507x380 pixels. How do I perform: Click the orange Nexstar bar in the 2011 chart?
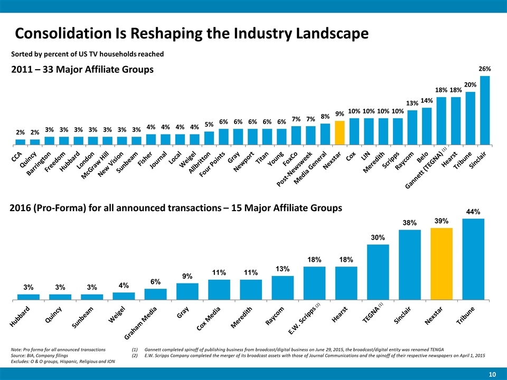click(x=340, y=132)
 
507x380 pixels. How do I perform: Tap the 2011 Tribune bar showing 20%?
click(x=471, y=118)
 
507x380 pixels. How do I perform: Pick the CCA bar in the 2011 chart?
click(x=20, y=141)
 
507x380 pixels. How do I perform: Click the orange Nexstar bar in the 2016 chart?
click(x=442, y=264)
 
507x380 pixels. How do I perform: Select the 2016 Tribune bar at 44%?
click(x=473, y=259)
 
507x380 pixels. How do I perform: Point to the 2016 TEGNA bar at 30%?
click(x=378, y=272)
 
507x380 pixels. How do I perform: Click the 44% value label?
click(x=473, y=212)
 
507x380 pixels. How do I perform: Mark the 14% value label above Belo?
click(x=427, y=100)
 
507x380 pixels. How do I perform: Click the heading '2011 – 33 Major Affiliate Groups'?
click(x=82, y=70)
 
